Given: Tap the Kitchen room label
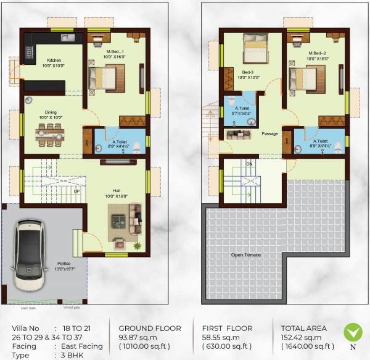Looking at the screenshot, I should click(35, 60).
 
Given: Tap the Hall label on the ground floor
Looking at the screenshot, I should click(116, 191).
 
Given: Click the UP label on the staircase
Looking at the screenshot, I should click(76, 191).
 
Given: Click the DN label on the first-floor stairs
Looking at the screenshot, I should click(249, 164).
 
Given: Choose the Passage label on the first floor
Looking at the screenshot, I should click(269, 133).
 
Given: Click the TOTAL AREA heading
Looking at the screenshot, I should click(303, 329).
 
